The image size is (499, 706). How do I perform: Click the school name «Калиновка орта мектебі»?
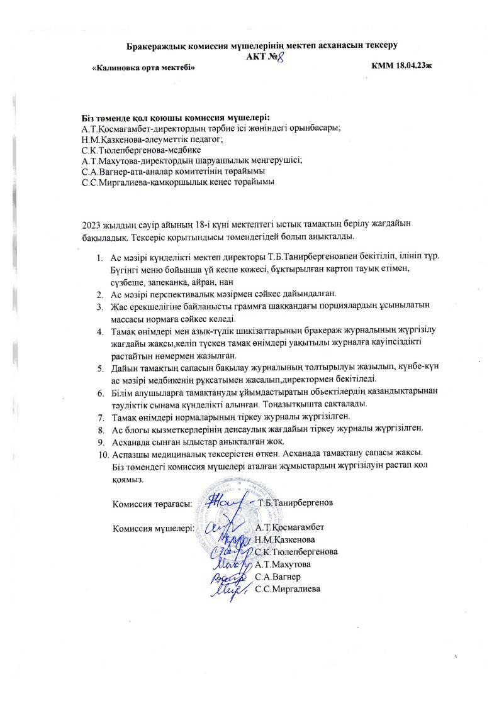click(139, 67)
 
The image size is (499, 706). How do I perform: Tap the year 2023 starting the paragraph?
click(93, 224)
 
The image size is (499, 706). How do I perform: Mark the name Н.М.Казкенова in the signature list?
click(285, 539)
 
